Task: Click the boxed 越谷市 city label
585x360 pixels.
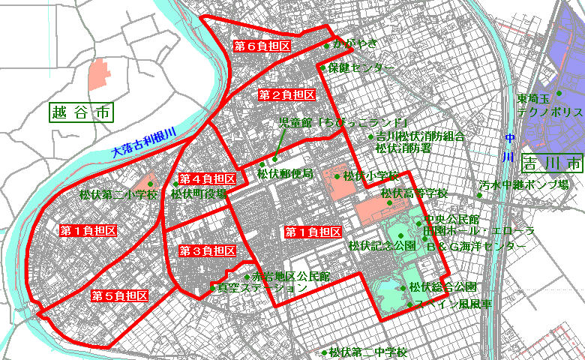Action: pos(81,113)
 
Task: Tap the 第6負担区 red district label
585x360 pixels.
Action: pos(262,46)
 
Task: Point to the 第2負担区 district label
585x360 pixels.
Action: pos(286,95)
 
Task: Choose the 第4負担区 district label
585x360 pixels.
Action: pos(210,179)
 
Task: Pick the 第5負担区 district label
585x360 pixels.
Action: pos(119,295)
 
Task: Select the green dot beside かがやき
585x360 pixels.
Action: pos(327,46)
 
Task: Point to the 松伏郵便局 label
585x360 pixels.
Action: pos(284,174)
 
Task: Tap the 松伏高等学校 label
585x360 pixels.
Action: pos(414,193)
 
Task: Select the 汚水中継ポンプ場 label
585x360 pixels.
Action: pos(524,184)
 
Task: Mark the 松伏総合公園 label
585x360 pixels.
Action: pos(442,287)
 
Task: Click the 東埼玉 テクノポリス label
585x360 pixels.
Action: pos(549,105)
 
